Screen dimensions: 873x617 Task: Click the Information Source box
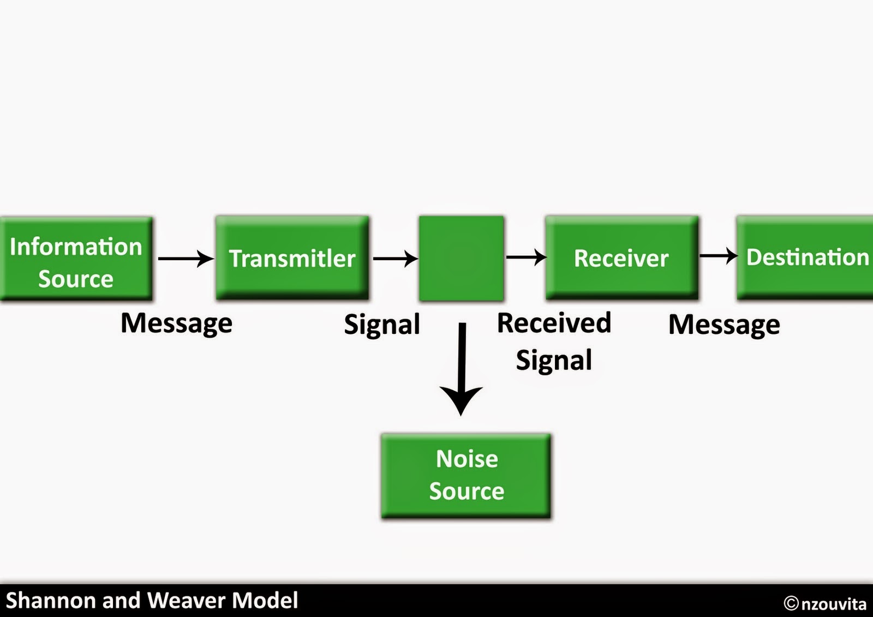click(76, 259)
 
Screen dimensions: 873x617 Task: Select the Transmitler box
click(292, 258)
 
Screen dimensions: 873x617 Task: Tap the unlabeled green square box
click(462, 259)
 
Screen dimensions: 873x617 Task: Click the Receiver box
click(622, 257)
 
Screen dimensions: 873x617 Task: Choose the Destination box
click(805, 257)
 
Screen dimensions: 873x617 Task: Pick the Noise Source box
click(466, 476)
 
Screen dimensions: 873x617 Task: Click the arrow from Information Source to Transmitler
click(186, 259)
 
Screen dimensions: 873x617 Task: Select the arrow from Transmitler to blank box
click(396, 259)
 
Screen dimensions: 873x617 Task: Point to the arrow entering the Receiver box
click(527, 257)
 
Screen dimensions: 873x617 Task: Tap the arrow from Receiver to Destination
click(719, 256)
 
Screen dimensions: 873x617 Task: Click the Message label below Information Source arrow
click(177, 324)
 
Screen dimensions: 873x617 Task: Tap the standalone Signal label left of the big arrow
click(382, 325)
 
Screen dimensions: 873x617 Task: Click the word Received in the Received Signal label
click(554, 323)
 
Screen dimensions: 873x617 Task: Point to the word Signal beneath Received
click(554, 360)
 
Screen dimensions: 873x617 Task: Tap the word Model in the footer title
click(265, 600)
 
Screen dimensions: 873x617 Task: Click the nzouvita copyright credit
click(825, 603)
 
